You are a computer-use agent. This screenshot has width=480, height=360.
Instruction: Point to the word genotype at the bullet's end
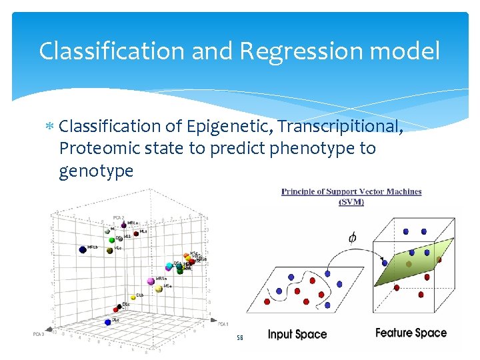[96, 171]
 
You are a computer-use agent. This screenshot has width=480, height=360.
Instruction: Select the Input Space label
[297, 334]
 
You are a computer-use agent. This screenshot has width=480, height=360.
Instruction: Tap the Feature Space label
[411, 333]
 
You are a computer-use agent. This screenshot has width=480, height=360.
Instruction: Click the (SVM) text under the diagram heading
[351, 201]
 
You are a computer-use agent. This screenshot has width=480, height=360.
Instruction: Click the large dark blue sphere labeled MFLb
[83, 249]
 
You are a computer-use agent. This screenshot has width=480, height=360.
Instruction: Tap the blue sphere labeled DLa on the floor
[108, 321]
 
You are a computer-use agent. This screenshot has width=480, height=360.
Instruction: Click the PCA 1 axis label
[223, 323]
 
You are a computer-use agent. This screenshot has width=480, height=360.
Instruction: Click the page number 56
[240, 338]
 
